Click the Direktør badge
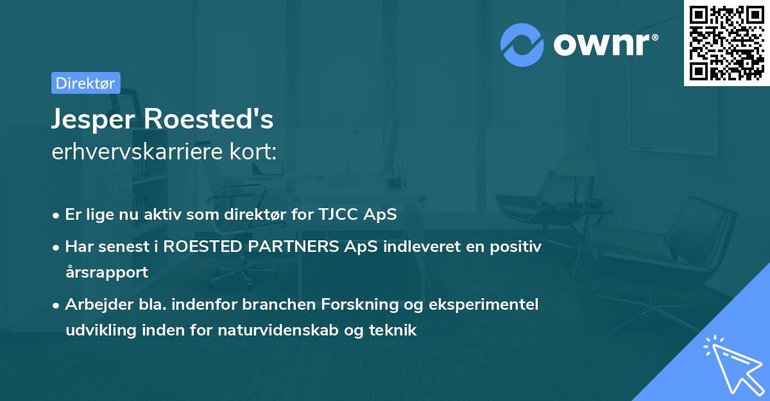85,83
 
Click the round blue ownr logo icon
522,44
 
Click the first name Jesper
94,120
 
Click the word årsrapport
107,272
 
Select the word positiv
518,246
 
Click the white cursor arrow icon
733,364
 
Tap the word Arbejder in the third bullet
93,304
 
